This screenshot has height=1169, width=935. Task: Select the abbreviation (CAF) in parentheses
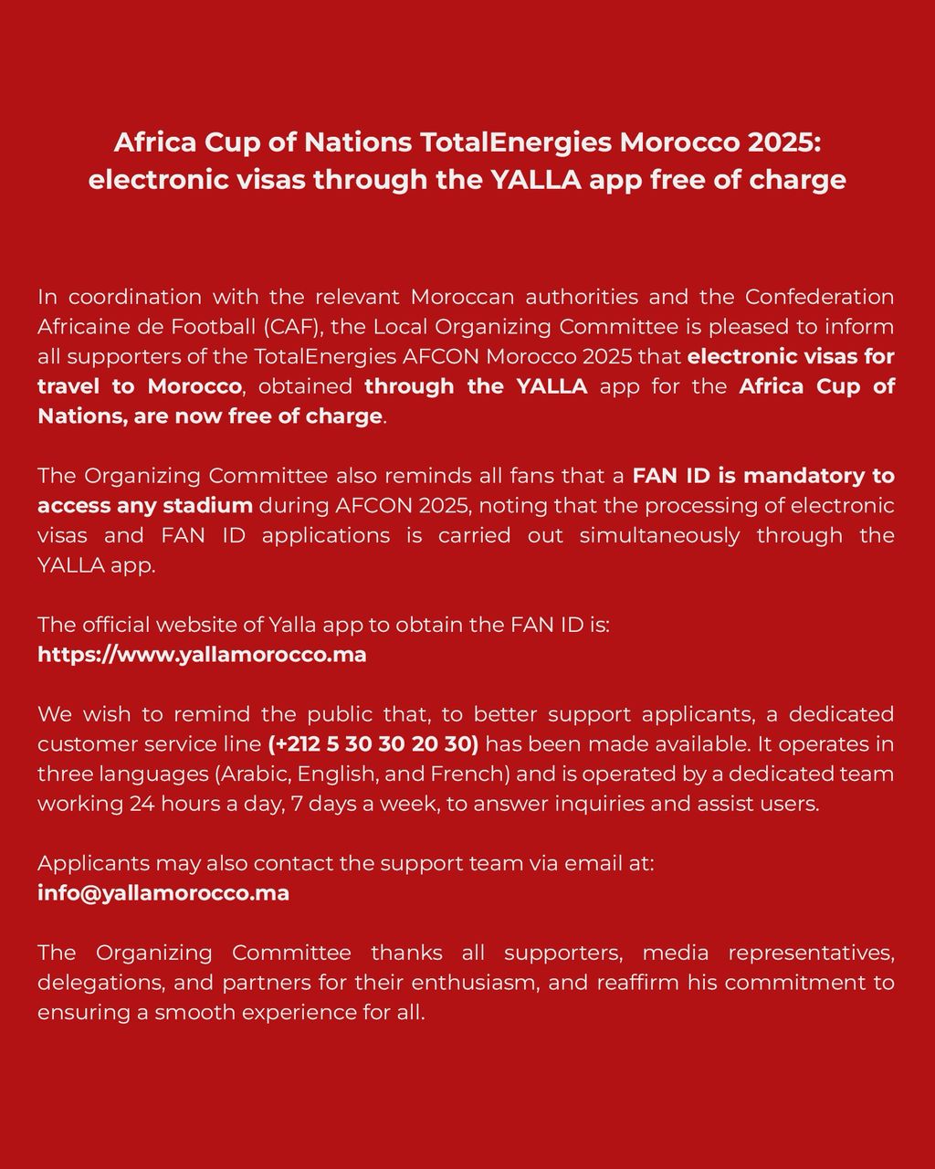[291, 327]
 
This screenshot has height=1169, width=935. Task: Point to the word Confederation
[820, 297]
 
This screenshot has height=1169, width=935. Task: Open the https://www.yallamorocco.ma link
[202, 655]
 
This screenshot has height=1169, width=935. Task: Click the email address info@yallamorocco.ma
[163, 892]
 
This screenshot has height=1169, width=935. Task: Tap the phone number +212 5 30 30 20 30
[373, 743]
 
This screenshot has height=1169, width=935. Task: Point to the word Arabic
[250, 774]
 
